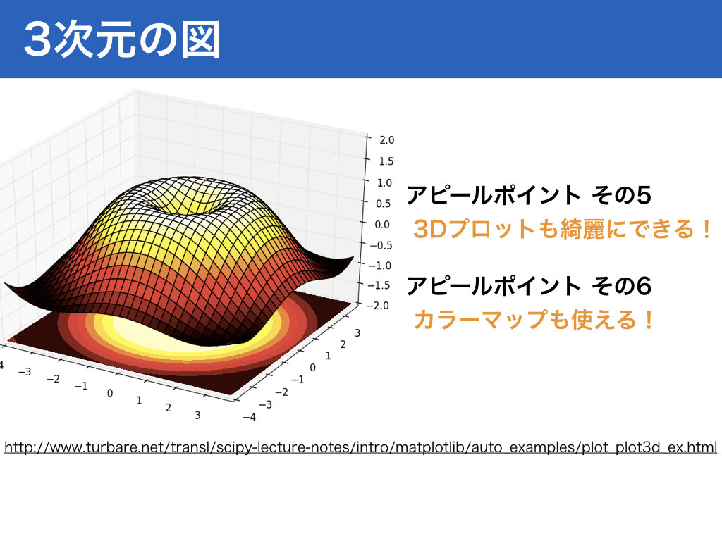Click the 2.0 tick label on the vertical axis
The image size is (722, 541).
pos(387,140)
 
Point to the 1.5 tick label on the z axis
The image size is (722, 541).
pos(386,161)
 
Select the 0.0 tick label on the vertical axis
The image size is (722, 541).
pos(382,225)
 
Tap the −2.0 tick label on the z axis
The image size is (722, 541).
pos(379,306)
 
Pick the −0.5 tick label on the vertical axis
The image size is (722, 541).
pos(380,245)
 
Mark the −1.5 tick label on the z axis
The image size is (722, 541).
pos(379,285)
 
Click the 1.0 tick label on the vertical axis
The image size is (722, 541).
pos(384,182)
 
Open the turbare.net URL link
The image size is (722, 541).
pos(360,447)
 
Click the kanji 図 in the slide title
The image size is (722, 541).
pos(200,40)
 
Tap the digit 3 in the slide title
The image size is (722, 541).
pos(38,40)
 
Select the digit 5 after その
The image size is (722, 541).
pos(643,195)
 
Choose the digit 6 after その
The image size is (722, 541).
pos(643,286)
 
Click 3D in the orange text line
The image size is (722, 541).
pos(430,229)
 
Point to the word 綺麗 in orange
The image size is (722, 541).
pos(582,229)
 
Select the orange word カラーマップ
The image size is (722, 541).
pos(480,320)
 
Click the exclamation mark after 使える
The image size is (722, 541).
pos(649,320)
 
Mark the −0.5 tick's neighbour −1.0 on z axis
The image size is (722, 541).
pos(380,266)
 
